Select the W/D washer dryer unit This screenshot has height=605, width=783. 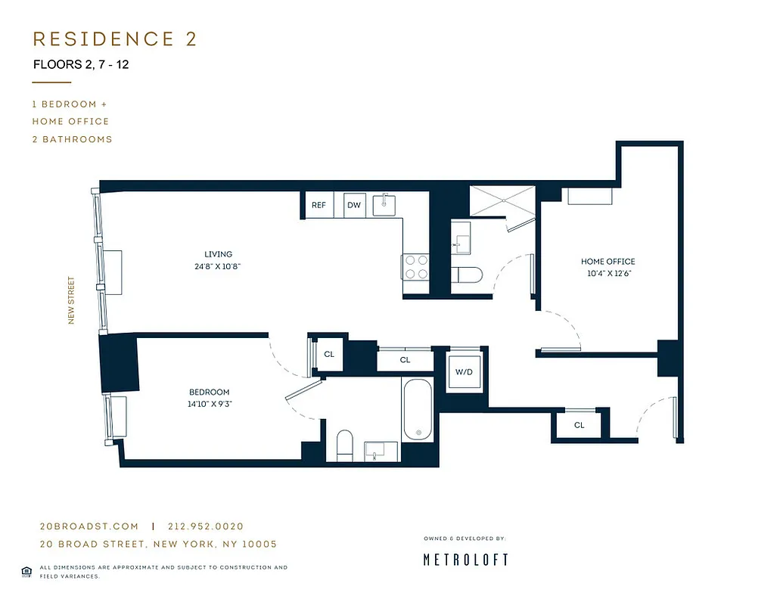pos(464,372)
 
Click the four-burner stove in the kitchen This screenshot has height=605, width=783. pos(415,267)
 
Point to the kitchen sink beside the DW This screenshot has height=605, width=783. pos(387,204)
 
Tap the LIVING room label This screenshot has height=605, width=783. pos(218,254)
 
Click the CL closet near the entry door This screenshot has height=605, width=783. pos(579,425)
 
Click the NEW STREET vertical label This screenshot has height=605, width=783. pos(73,300)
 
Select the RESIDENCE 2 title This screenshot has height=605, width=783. pos(114,39)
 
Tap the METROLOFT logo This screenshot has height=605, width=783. pos(465,560)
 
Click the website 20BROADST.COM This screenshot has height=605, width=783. pos(89,526)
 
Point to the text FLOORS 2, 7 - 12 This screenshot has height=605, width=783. pos(81,64)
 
